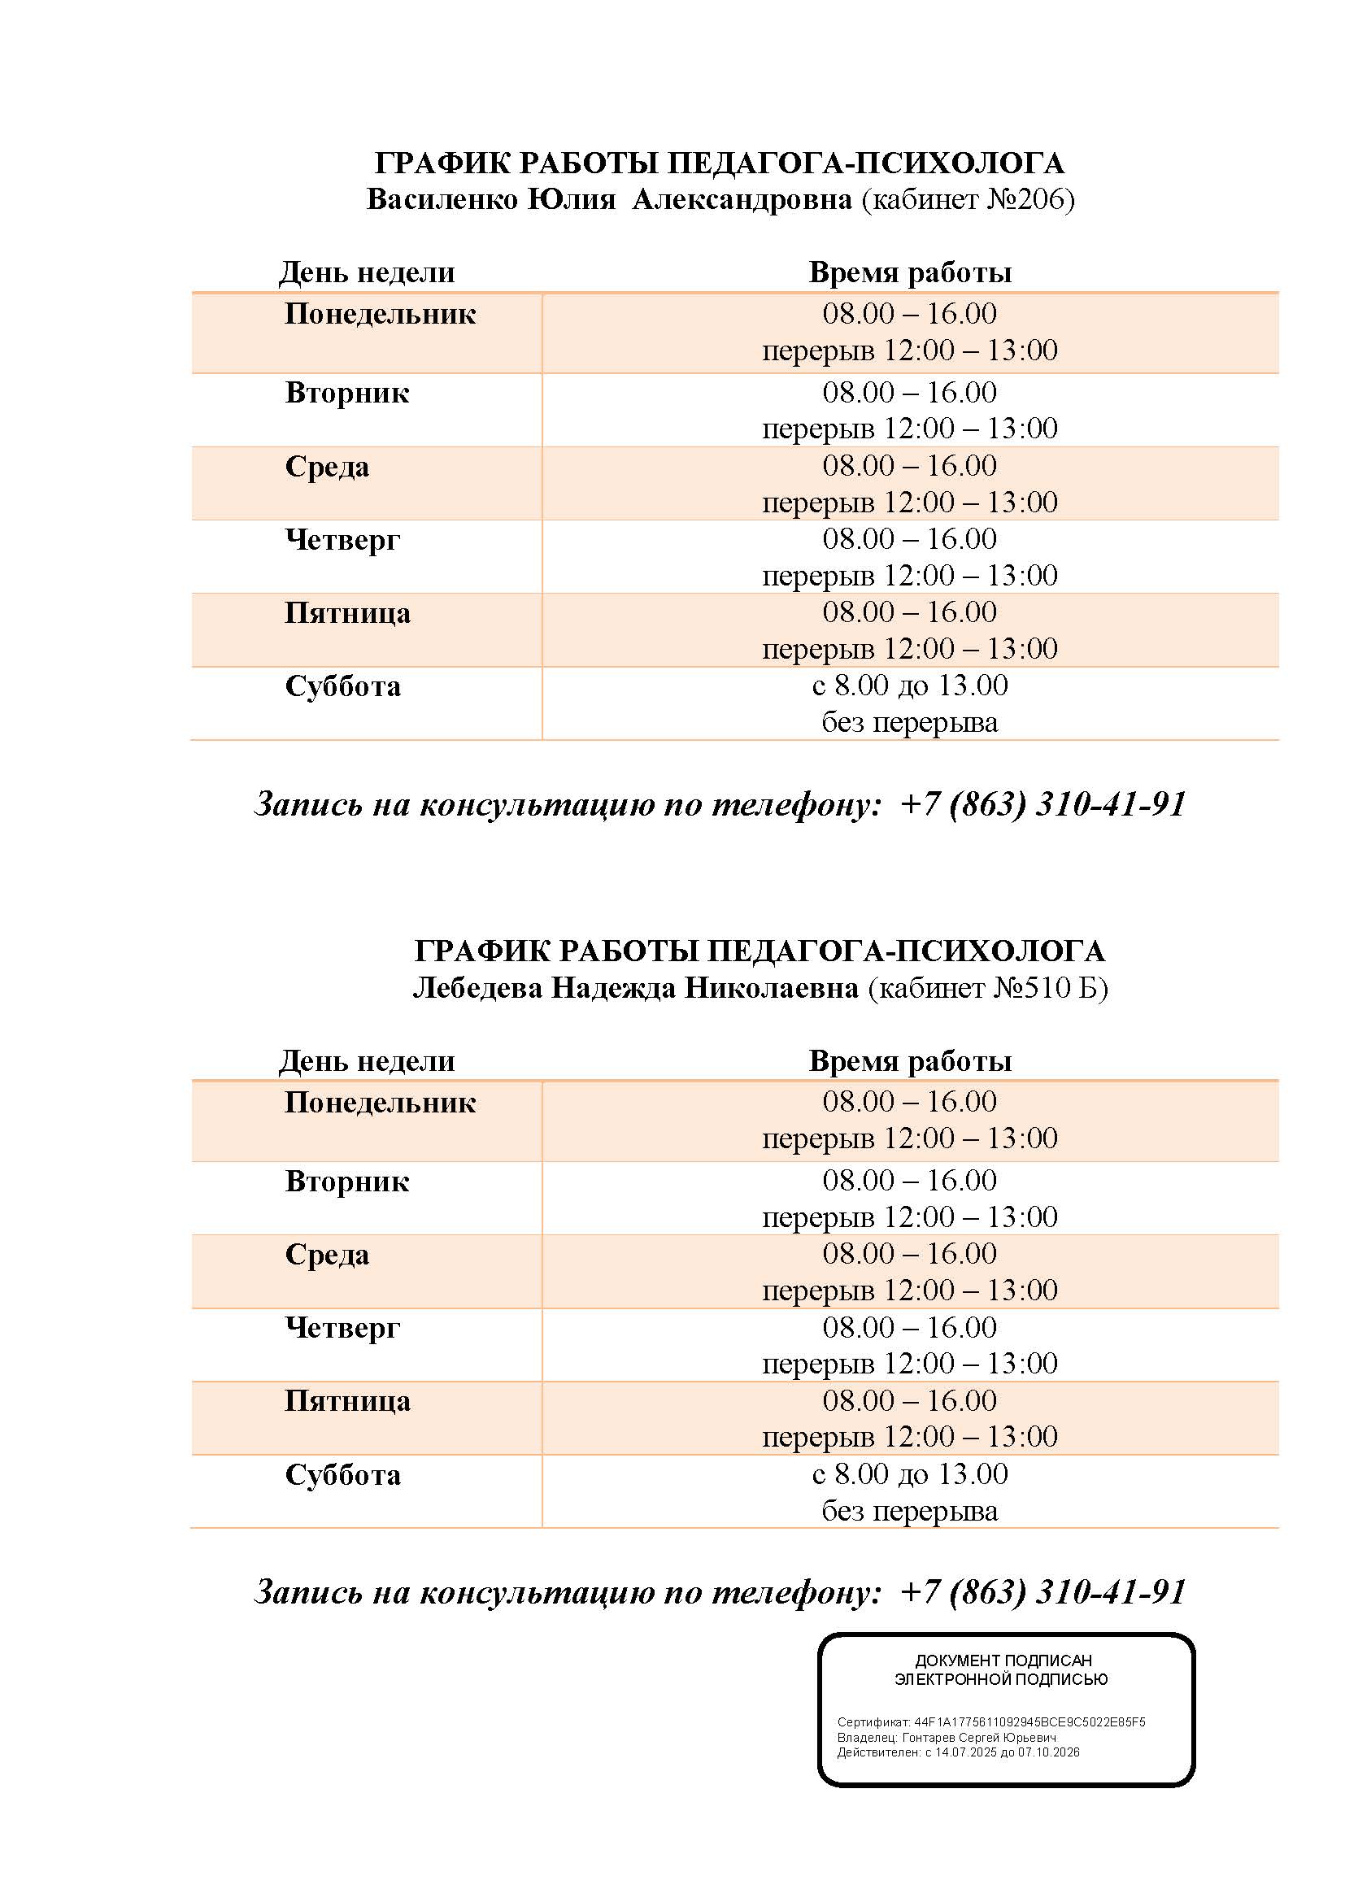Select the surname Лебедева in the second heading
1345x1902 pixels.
point(479,988)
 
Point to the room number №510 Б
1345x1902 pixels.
point(1047,988)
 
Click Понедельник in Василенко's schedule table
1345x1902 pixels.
point(380,314)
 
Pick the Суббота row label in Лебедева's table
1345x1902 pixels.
point(343,1475)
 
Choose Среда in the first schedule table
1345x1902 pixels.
point(327,467)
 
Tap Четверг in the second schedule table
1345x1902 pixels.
point(342,1328)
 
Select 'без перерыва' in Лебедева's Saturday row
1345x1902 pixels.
point(909,1511)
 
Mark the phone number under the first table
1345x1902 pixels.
point(1043,803)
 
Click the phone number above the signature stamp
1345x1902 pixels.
point(1043,1591)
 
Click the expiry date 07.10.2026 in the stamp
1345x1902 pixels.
point(1050,1752)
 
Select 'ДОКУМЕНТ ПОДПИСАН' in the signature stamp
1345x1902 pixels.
point(1003,1660)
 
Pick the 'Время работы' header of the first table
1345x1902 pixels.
point(910,272)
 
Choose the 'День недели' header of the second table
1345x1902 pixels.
point(367,1061)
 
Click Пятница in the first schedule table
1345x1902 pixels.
point(347,613)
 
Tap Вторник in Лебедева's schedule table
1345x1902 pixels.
point(347,1182)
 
